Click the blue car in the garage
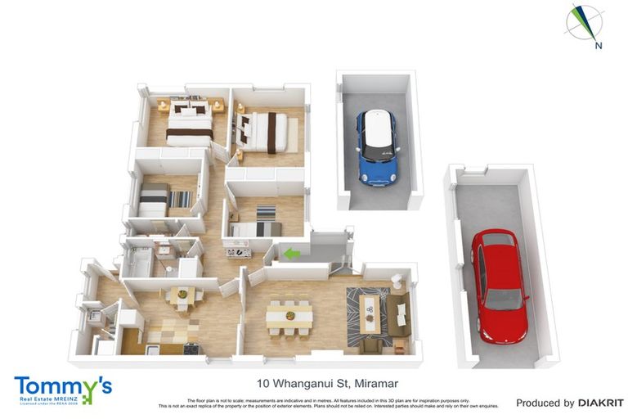tap(378, 147)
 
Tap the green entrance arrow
tap(291, 255)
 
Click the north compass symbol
tap(585, 25)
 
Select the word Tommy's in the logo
tap(62, 386)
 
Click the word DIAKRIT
tap(600, 403)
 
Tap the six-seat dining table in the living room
tap(289, 315)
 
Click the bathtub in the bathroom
tap(137, 264)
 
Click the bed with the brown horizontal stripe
tap(190, 127)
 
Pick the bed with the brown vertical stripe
tap(267, 131)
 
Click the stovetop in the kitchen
tap(191, 349)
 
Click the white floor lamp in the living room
tap(397, 280)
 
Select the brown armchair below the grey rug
tap(370, 345)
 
